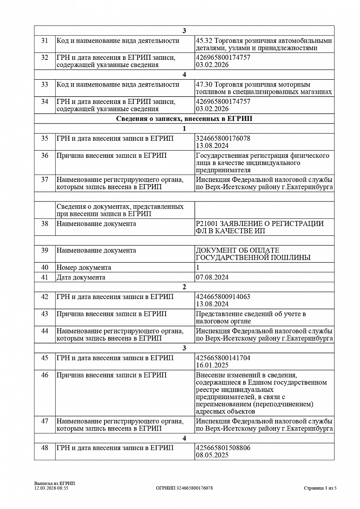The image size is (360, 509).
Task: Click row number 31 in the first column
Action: click(x=45, y=41)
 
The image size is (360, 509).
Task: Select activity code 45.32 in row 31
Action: click(x=204, y=41)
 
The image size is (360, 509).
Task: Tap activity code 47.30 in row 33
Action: click(x=204, y=84)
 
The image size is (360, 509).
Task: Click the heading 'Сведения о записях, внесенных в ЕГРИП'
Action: click(x=184, y=119)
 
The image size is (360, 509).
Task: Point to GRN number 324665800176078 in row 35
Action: click(x=223, y=138)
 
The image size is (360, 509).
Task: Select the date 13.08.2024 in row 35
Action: click(x=212, y=145)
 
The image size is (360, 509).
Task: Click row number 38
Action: click(x=45, y=224)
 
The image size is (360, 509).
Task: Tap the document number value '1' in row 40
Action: click(x=197, y=268)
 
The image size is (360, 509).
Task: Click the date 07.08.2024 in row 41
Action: click(x=212, y=277)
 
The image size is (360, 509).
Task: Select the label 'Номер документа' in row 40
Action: click(x=84, y=268)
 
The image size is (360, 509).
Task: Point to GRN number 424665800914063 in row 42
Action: click(x=223, y=296)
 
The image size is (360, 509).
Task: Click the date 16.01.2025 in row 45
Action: click(x=212, y=365)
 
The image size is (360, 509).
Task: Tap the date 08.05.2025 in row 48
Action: click(x=212, y=455)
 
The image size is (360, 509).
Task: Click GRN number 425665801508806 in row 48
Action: click(x=223, y=447)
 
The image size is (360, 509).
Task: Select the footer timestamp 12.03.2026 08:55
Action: click(x=51, y=488)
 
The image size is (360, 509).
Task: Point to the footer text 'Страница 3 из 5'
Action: click(x=320, y=488)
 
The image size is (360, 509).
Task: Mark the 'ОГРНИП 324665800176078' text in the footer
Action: click(x=184, y=488)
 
